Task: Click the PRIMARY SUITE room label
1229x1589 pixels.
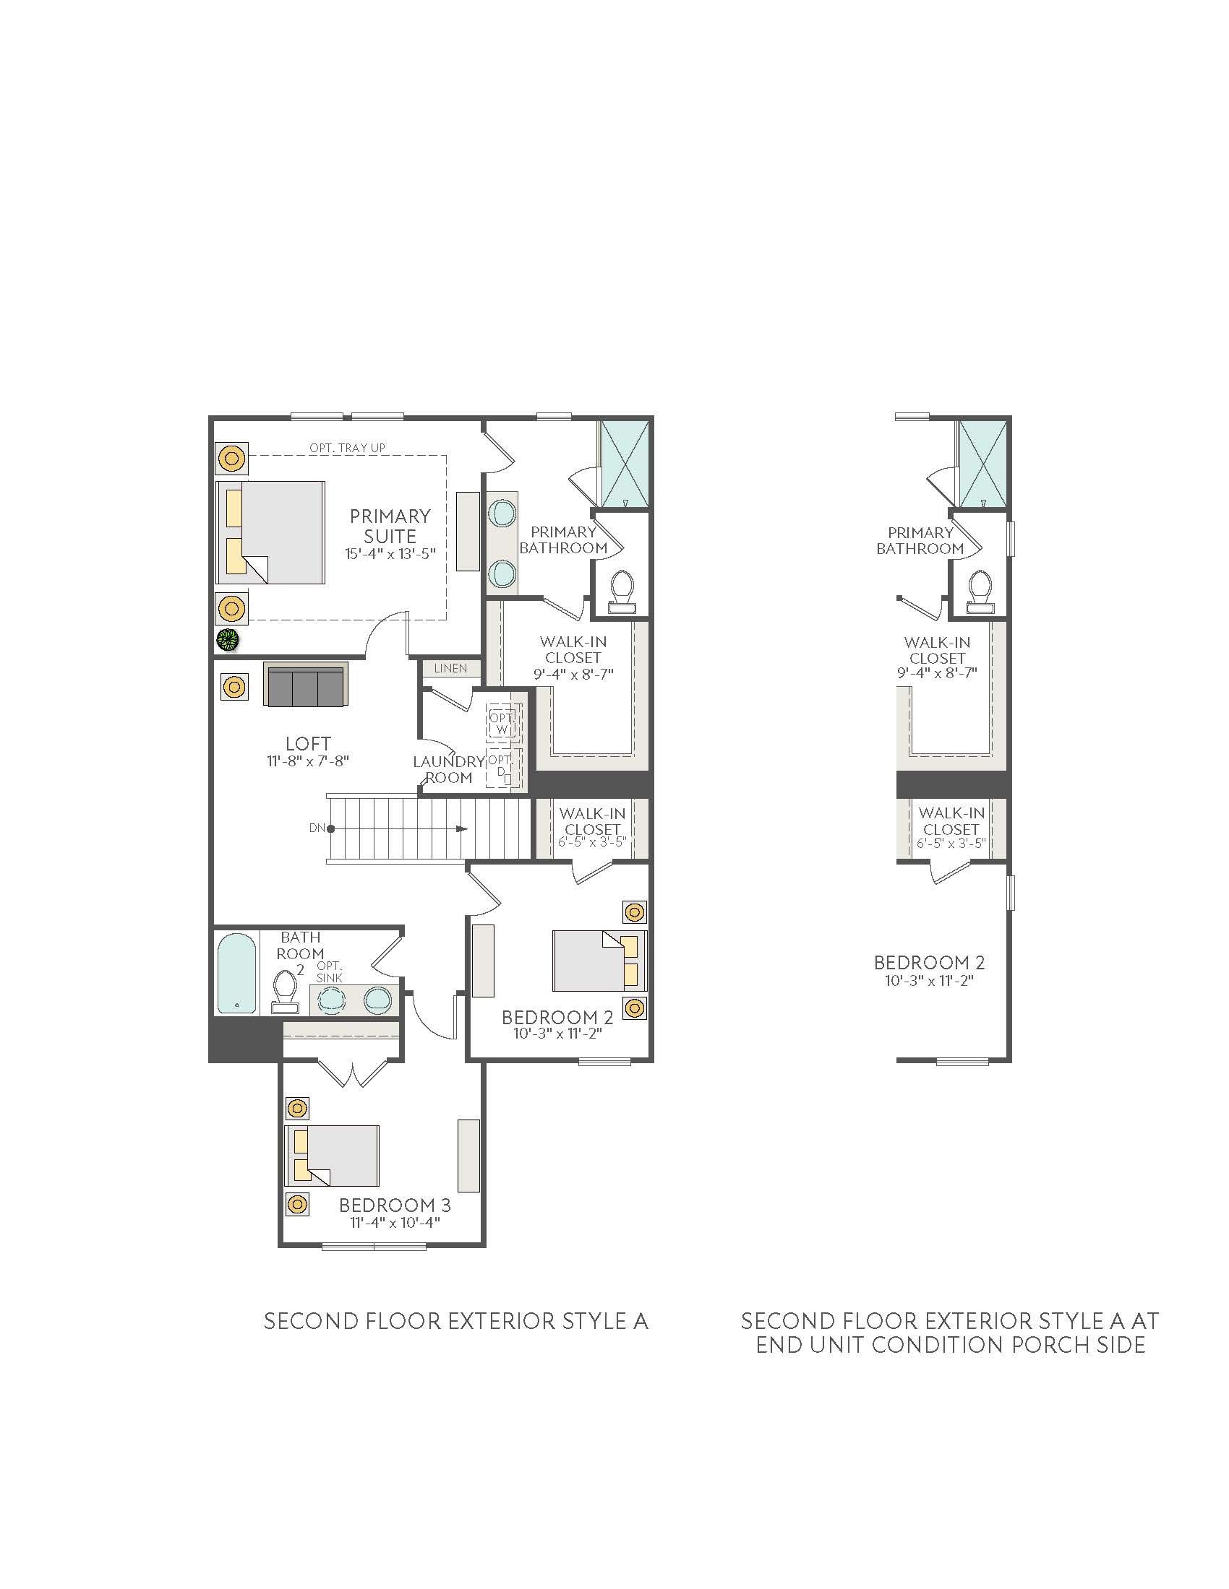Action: (x=390, y=526)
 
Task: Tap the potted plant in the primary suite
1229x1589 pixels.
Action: (x=228, y=639)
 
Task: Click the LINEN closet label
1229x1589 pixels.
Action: (x=450, y=668)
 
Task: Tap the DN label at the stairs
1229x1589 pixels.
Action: (x=317, y=828)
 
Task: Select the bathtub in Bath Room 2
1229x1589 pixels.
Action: (x=237, y=974)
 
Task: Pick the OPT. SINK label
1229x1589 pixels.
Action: (x=329, y=971)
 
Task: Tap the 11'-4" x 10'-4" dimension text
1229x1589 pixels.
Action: (x=395, y=1223)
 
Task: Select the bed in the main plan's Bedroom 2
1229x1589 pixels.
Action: (x=599, y=960)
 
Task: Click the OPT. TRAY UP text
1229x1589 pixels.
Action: (x=347, y=448)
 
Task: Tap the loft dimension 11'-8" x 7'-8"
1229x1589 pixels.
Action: (x=308, y=761)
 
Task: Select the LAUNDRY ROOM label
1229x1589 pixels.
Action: (x=448, y=769)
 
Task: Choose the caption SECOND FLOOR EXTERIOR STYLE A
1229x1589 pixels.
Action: (x=455, y=1320)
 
